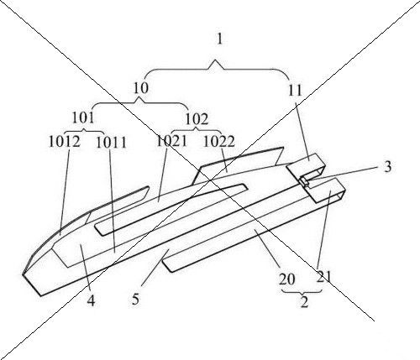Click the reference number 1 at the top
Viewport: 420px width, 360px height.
coord(220,39)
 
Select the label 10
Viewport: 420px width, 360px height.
coord(140,88)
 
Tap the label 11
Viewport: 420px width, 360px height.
coord(296,91)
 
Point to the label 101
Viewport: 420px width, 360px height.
coord(83,117)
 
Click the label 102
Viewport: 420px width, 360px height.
coord(197,119)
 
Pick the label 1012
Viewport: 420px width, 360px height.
coord(65,141)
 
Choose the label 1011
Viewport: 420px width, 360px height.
coord(111,143)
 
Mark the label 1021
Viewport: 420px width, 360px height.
coord(171,141)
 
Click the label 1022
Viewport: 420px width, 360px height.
coord(218,141)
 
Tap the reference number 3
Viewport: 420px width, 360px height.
coord(387,167)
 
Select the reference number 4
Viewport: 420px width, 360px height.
coord(91,300)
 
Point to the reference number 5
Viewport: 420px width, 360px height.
coord(135,300)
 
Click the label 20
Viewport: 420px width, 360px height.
coord(287,279)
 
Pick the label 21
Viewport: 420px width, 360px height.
coord(323,277)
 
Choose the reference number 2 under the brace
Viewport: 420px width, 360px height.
coord(304,302)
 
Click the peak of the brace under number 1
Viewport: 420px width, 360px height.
coord(215,60)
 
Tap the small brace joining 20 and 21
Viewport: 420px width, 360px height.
coord(302,292)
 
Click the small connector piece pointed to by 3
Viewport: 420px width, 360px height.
coord(305,181)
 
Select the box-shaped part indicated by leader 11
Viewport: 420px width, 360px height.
coord(306,167)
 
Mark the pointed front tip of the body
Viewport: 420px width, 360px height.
coord(23,274)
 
